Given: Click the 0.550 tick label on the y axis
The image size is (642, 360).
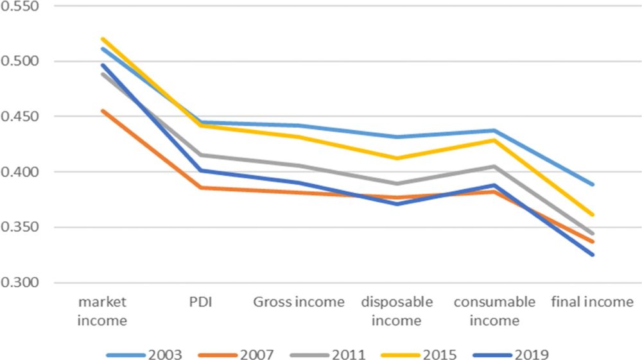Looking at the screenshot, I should [x=21, y=6].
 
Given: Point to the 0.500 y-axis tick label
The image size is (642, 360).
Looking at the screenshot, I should [x=21, y=62].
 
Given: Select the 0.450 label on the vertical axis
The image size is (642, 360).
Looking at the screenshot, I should [x=21, y=117].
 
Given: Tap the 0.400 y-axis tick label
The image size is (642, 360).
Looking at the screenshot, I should [x=21, y=172].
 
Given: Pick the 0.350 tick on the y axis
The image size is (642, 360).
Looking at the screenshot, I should [x=21, y=227].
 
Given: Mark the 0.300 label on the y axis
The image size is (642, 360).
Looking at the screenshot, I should [x=21, y=283].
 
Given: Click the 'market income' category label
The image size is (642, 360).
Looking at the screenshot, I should [x=102, y=310].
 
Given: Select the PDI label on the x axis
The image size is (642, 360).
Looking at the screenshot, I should [x=200, y=302].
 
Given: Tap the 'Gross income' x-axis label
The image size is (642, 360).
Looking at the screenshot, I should [x=299, y=302].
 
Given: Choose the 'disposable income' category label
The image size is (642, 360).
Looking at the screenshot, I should [x=396, y=310].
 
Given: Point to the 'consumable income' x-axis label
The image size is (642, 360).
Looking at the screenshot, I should [x=494, y=310].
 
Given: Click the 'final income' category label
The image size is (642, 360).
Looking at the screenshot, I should [x=593, y=302].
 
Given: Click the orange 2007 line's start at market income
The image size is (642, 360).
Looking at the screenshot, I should [x=102, y=110].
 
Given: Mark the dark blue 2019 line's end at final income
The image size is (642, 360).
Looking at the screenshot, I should [x=593, y=255].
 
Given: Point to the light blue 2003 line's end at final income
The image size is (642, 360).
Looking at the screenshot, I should [x=593, y=184].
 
